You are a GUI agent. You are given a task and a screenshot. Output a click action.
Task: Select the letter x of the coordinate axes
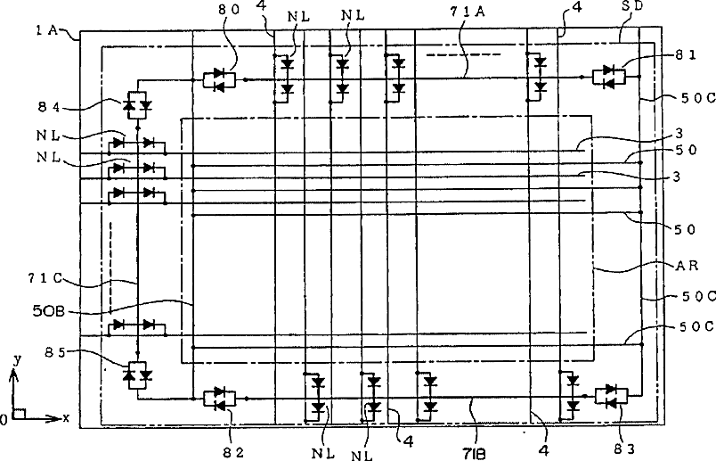click(64, 417)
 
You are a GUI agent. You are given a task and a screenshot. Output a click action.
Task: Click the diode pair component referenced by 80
click(218, 79)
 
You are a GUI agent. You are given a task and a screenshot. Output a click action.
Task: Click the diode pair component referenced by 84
click(137, 105)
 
